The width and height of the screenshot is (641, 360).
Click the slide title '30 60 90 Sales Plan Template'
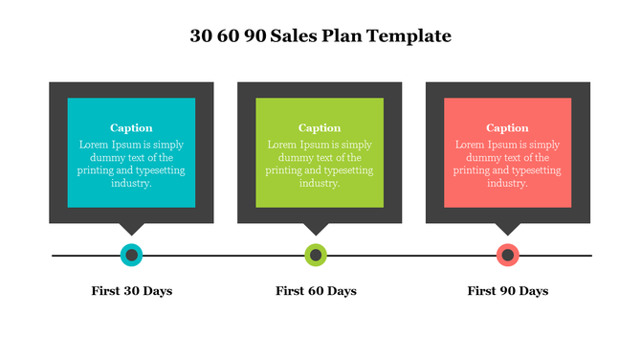[x=320, y=36]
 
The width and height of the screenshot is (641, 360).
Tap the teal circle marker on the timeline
[x=131, y=256]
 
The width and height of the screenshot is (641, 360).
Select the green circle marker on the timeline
[x=316, y=256]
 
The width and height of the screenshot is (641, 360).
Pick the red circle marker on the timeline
[x=508, y=256]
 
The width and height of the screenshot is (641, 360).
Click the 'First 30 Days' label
[x=132, y=290]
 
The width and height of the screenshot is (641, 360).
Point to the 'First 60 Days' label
[x=316, y=290]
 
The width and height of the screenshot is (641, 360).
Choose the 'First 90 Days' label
[x=508, y=290]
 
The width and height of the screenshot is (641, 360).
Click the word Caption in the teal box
[x=131, y=128]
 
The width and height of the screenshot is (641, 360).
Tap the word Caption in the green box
[x=320, y=128]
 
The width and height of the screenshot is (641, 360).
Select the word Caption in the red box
[x=507, y=128]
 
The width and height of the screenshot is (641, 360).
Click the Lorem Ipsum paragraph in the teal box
[x=131, y=164]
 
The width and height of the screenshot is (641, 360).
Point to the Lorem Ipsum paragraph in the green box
[x=320, y=164]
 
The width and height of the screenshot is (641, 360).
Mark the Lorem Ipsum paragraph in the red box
[x=507, y=164]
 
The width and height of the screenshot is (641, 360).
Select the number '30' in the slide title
[x=201, y=36]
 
